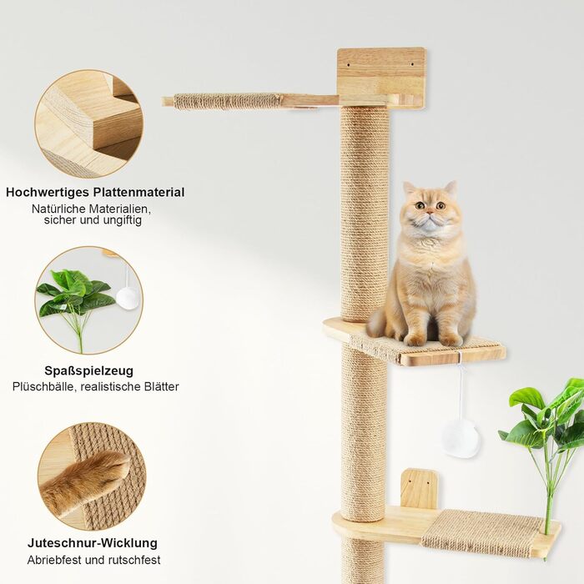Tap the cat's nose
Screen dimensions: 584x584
[x=430, y=213]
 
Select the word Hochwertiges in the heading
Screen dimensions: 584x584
[x=48, y=193]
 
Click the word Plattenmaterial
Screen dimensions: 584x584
[x=139, y=192]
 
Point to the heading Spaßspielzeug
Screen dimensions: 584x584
[x=88, y=371]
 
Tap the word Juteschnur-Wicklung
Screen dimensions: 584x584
[x=93, y=542]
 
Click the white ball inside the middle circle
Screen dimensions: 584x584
[x=128, y=297]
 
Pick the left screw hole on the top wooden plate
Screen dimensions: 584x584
[x=348, y=65]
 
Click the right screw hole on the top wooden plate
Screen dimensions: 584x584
[x=412, y=64]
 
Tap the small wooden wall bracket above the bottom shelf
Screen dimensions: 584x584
[x=420, y=490]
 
